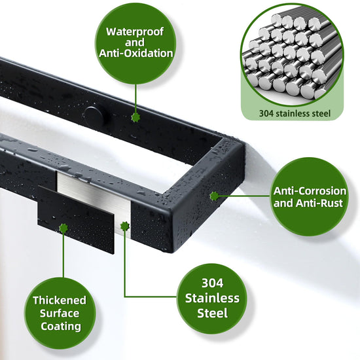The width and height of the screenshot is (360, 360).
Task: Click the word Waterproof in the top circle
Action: (135, 32)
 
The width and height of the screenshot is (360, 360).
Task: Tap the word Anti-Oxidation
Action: (136, 54)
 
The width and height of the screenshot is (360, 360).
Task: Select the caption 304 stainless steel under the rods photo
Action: (295, 113)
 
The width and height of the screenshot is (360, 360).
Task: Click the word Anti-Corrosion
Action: (310, 190)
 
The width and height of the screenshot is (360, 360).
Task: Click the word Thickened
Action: (60, 300)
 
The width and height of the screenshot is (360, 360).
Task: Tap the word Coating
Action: (61, 327)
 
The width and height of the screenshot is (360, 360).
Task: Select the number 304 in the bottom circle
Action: (212, 283)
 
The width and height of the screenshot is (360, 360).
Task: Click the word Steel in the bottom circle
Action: (212, 313)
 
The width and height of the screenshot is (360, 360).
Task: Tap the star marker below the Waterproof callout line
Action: (135, 117)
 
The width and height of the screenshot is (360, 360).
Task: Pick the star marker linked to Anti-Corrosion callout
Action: (215, 196)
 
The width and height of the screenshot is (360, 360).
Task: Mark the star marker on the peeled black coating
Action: (63, 228)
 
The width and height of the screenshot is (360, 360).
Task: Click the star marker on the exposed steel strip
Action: (124, 226)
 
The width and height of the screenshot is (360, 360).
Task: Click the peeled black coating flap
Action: (76, 219)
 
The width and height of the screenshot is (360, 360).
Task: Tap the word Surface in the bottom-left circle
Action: (60, 314)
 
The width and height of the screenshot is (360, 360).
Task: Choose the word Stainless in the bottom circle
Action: (212, 298)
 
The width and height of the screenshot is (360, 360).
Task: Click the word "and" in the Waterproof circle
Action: (135, 43)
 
